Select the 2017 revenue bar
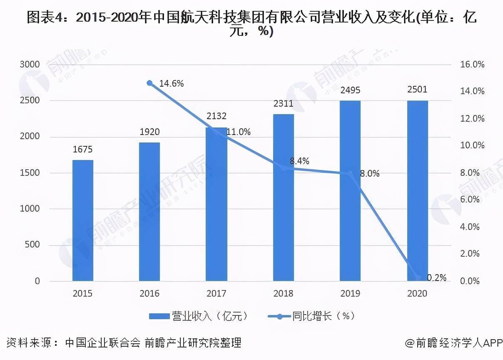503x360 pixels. [x=216, y=204]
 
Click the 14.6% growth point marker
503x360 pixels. [x=150, y=83]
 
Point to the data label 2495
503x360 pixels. [x=350, y=90]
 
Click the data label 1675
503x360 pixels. [x=82, y=150]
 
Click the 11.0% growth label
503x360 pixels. [x=238, y=132]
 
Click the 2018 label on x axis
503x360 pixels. [x=283, y=294]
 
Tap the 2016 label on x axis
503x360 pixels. [x=149, y=294]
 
